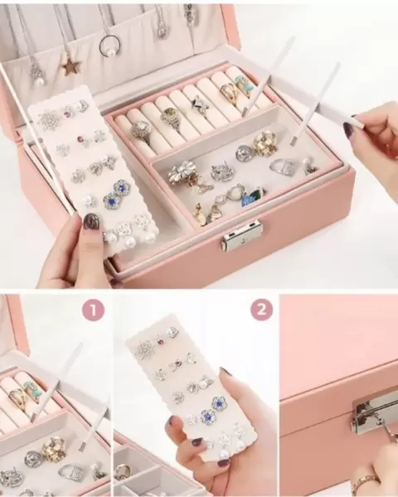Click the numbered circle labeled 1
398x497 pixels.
[94, 310]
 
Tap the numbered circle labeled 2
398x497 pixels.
[262, 310]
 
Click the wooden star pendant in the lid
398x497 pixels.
[72, 66]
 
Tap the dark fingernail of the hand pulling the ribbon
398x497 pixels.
[348, 128]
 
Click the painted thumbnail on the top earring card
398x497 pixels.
[91, 220]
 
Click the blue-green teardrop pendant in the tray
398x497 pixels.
[253, 196]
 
